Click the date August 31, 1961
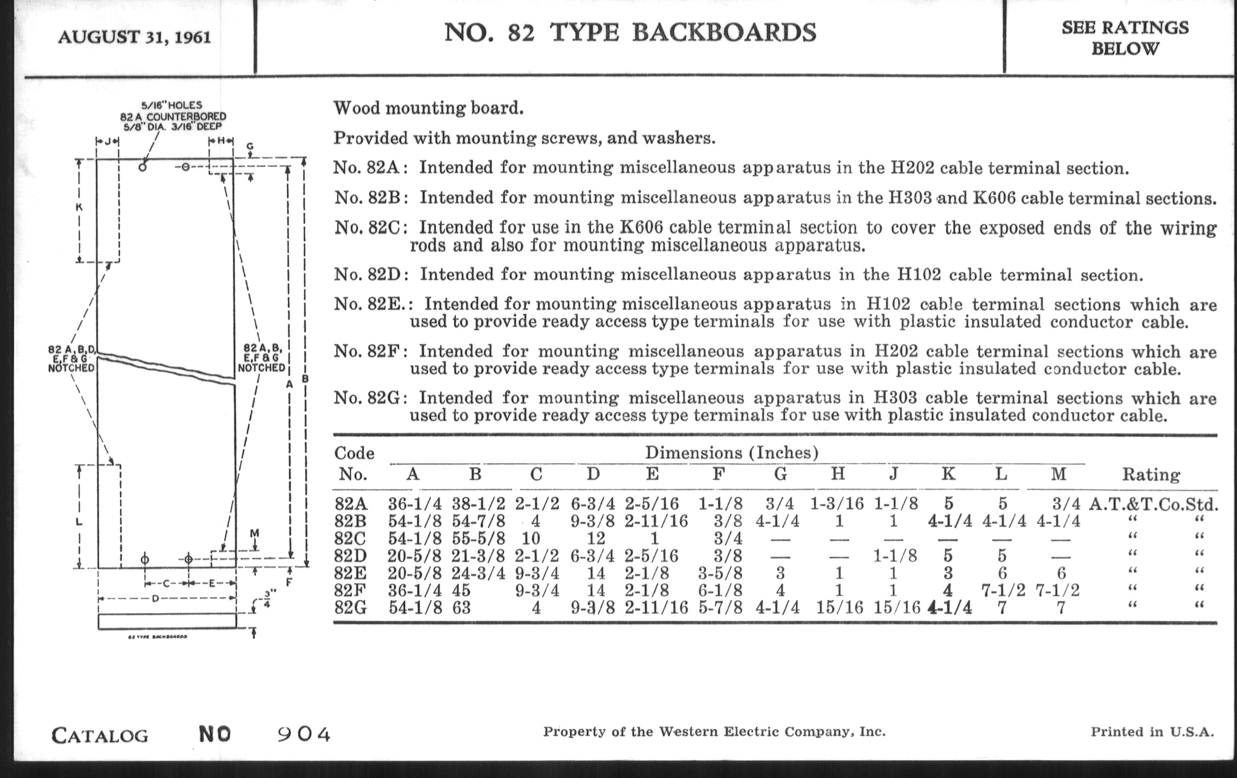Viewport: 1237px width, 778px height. click(134, 38)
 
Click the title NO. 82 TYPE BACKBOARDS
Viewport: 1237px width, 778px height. click(630, 33)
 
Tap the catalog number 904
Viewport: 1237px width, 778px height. click(304, 734)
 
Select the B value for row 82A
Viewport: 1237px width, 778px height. click(478, 504)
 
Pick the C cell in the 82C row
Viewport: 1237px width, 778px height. click(531, 538)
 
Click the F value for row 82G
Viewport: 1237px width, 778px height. click(720, 608)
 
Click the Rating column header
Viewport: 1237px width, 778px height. click(1150, 474)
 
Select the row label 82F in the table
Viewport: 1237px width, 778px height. click(350, 590)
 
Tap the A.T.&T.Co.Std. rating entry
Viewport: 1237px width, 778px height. click(1153, 504)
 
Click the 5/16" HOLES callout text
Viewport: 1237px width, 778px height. click(172, 105)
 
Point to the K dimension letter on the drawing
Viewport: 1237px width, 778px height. click(80, 208)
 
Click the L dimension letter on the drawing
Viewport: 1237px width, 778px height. click(79, 522)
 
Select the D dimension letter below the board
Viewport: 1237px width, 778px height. click(155, 599)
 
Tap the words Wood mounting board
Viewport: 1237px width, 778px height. click(428, 108)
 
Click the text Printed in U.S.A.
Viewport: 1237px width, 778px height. click(1152, 732)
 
